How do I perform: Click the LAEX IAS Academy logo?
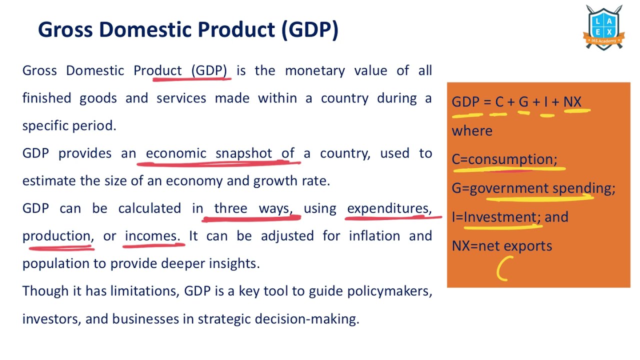[603, 27]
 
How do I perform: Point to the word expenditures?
[388, 208]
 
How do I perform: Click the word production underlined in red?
[56, 236]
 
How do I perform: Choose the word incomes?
[151, 236]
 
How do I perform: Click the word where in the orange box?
[472, 131]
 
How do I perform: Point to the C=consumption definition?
[504, 159]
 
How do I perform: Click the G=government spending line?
[533, 188]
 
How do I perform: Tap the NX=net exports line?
[501, 246]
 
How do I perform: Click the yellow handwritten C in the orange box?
[504, 268]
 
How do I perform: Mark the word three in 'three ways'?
[230, 208]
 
